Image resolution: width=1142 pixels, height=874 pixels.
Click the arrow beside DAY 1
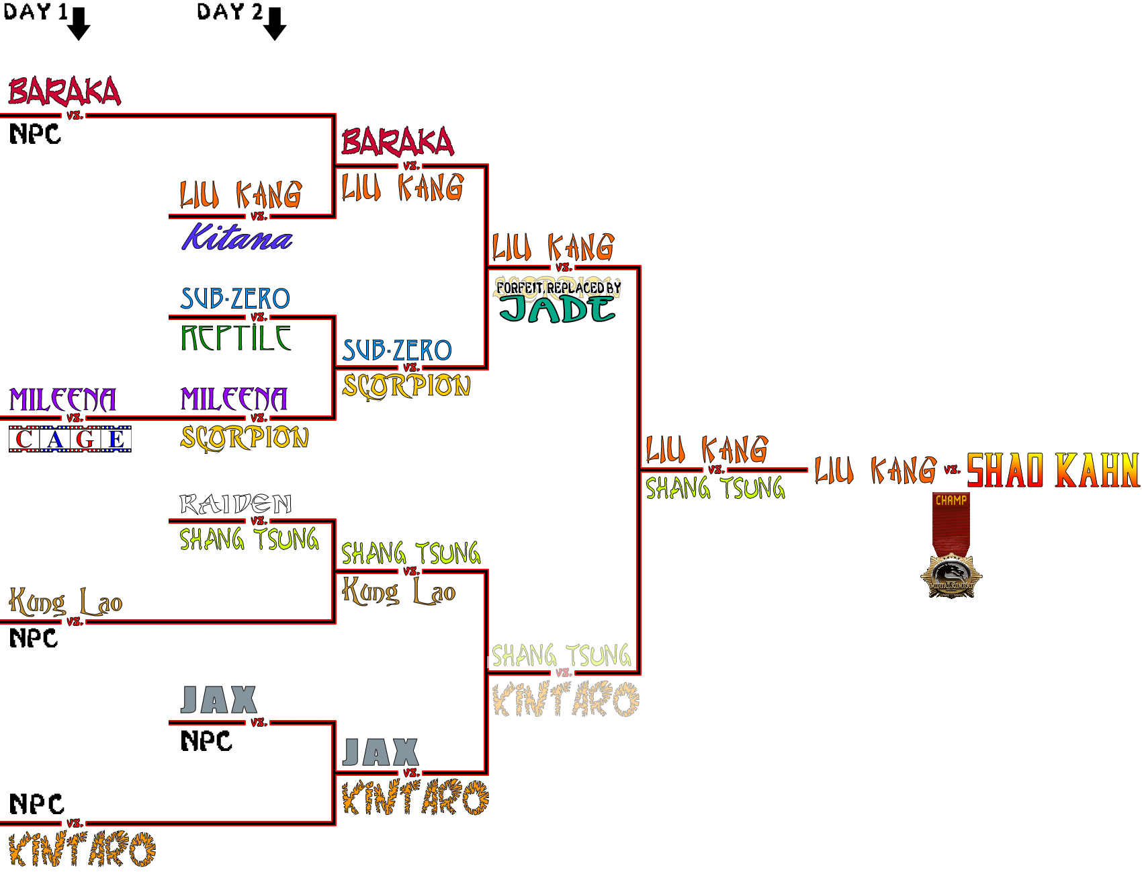click(x=79, y=24)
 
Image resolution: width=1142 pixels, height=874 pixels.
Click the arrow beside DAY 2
click(x=274, y=24)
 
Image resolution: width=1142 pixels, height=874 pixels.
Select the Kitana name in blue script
click(x=236, y=237)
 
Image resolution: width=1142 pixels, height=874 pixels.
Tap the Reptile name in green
click(x=236, y=337)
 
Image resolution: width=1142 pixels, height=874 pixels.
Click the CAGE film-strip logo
click(x=70, y=439)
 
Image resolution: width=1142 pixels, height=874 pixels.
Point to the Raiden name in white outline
click(x=235, y=504)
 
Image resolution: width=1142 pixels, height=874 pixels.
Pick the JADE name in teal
click(x=557, y=309)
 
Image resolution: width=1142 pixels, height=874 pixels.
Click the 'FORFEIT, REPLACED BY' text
click(x=558, y=288)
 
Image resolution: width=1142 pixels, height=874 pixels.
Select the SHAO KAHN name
click(x=1053, y=470)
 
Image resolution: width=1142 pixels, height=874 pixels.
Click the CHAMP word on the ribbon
click(x=951, y=500)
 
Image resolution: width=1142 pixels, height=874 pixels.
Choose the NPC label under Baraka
click(x=35, y=134)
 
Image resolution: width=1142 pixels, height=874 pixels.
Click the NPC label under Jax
click(x=206, y=741)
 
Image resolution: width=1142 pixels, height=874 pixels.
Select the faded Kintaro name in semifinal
click(x=566, y=699)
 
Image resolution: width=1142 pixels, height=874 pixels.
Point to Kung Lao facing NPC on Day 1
click(x=65, y=602)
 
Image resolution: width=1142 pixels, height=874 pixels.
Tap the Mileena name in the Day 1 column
click(x=62, y=399)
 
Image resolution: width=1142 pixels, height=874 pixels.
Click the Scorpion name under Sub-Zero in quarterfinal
click(x=406, y=386)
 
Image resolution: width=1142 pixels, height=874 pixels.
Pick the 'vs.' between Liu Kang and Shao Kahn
click(x=952, y=469)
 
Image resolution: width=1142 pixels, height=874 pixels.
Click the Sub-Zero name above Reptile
click(x=235, y=299)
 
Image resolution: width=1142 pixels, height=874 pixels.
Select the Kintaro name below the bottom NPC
click(x=82, y=849)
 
